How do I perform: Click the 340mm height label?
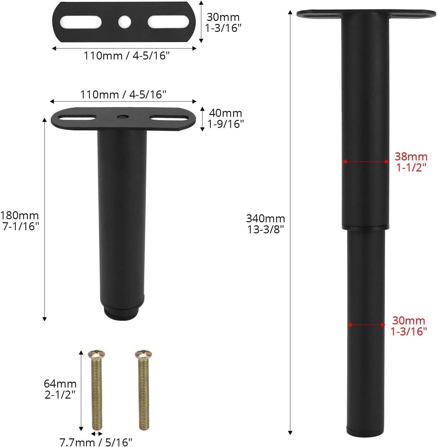tap(265, 224)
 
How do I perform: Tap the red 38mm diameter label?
tap(411, 162)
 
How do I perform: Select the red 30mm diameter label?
tap(409, 326)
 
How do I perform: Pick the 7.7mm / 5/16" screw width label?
tap(96, 442)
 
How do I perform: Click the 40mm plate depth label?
tap(225, 119)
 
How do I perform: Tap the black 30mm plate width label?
tap(223, 22)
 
